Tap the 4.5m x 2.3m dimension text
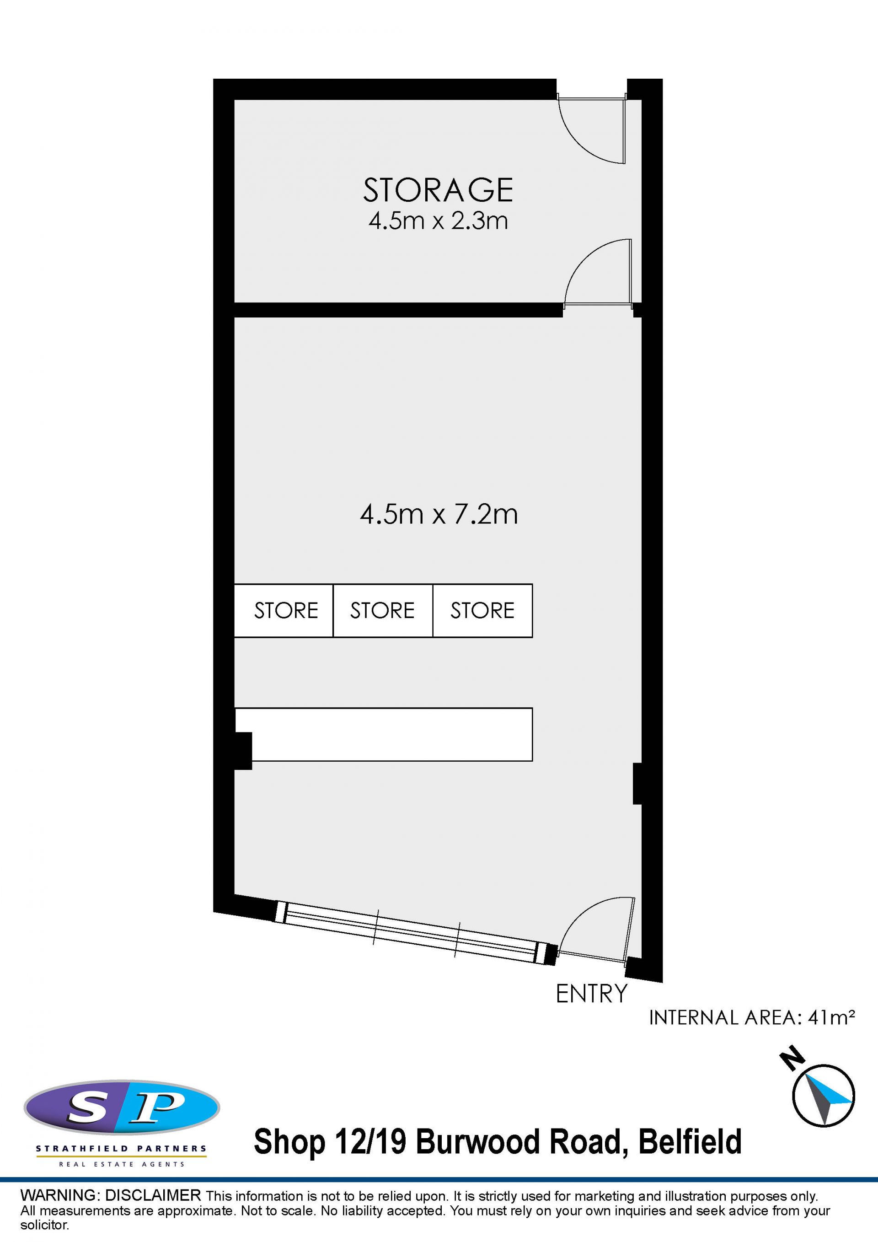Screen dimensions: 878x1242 438,220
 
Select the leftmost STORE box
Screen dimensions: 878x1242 284,611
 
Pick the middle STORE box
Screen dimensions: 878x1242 383,611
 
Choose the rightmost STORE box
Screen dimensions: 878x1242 482,611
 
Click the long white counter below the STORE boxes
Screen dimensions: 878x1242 384,734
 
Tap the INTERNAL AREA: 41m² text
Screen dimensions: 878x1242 751,1018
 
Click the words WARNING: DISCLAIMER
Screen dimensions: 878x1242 110,1195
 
